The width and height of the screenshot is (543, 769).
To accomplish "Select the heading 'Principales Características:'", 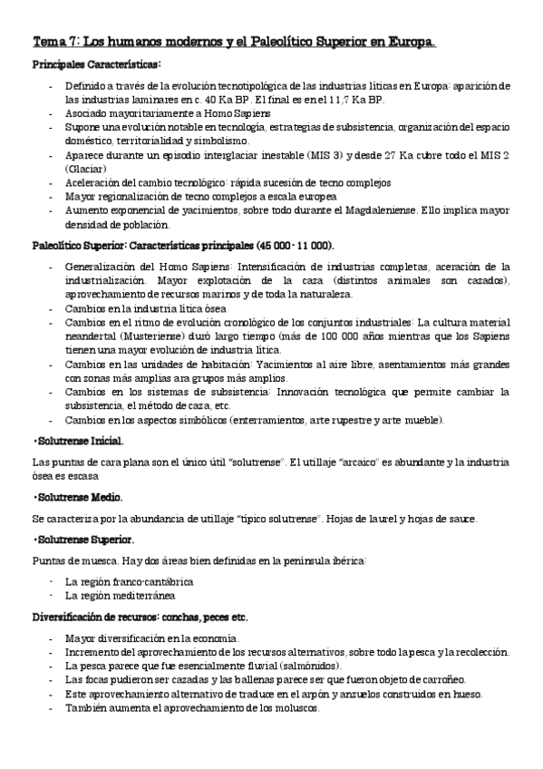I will pyautogui.click(x=96, y=64).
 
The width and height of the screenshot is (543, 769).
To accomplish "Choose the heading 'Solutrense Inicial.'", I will pyautogui.click(x=73, y=442).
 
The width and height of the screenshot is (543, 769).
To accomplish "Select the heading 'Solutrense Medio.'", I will pyautogui.click(x=73, y=498).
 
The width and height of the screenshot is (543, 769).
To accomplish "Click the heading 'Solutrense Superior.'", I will pyautogui.click(x=77, y=540).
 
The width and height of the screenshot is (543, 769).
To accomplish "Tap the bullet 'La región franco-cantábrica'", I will pyautogui.click(x=129, y=581).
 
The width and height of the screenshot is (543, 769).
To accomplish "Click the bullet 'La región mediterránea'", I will pyautogui.click(x=119, y=596).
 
